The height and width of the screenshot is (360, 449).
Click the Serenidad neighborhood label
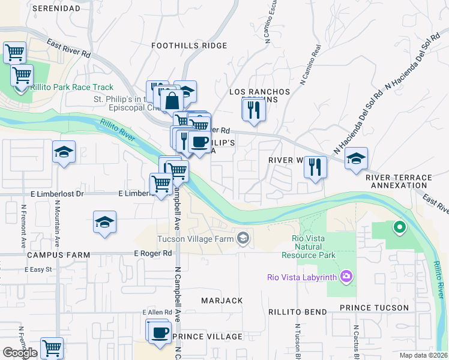[56, 8]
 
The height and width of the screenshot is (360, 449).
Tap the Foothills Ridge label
[189, 46]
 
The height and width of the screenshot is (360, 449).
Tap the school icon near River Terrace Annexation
[357, 160]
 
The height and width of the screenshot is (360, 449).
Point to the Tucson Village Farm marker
[243, 239]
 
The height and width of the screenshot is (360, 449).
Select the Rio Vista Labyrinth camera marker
[346, 276]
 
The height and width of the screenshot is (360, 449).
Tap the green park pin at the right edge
[399, 227]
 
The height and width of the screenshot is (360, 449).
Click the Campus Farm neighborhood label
[58, 255]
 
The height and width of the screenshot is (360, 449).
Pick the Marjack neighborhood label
[222, 301]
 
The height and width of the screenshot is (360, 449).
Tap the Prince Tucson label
[374, 308]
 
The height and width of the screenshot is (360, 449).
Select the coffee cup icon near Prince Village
[160, 333]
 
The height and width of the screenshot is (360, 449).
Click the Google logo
[20, 353]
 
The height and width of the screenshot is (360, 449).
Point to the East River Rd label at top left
[69, 48]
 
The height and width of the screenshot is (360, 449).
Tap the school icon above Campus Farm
[105, 222]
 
